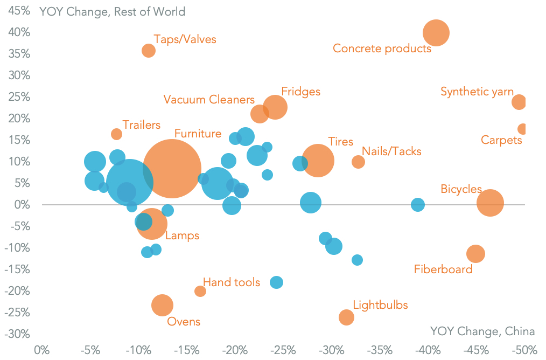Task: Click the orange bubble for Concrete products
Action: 436,33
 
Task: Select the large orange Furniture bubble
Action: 172,169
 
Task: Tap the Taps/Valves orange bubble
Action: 149,51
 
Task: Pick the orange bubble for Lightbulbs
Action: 346,317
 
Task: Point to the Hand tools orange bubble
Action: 200,291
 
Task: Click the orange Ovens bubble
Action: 162,305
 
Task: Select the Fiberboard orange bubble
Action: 475,254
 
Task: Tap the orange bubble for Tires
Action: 318,160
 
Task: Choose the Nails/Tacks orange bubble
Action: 358,162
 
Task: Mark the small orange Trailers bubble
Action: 116,134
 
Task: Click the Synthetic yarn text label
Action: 477,92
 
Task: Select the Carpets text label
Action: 501,141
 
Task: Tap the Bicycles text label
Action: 461,189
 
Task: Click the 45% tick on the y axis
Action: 19,11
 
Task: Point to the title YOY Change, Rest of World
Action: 112,12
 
